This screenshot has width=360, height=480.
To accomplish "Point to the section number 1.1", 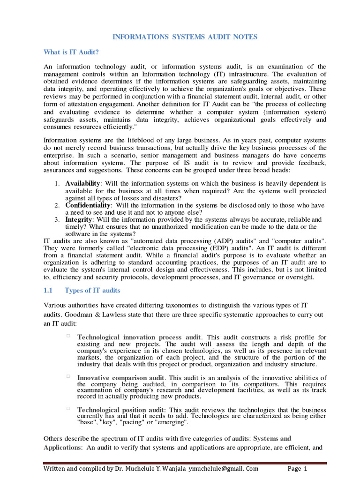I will point(49,291).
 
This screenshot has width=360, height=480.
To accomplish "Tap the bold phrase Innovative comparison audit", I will point(120,377).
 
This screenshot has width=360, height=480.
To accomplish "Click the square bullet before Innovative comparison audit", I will point(68,376).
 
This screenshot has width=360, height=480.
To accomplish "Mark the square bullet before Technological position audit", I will point(68,409).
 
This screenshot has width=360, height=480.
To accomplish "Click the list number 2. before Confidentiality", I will point(56,205).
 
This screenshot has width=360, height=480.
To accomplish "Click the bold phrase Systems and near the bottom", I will point(272,439).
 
